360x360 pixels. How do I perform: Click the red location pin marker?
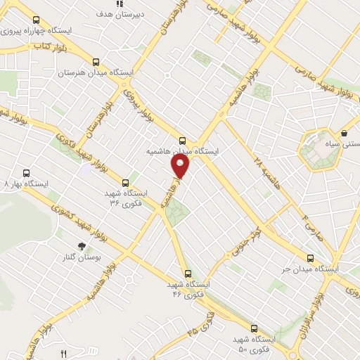pos(181,167)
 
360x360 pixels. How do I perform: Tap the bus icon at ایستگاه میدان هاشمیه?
pos(184,141)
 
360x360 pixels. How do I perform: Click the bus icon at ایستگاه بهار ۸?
pos(27,173)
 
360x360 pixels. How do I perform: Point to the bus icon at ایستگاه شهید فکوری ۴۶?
pos(187,273)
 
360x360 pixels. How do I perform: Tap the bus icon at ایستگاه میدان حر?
pos(311,258)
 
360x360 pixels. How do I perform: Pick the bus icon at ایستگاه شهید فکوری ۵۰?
pos(255,328)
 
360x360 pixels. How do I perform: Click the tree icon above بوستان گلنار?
pos(83,246)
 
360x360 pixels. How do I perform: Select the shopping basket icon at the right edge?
pos(345,134)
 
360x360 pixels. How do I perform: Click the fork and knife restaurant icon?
pos(64,353)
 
